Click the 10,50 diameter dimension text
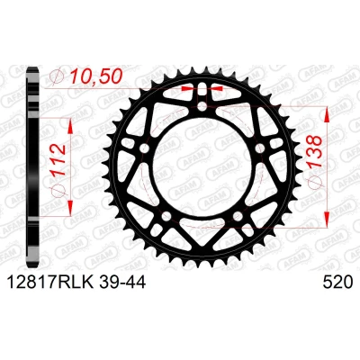coord(95,76)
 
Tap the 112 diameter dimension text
coord(58,162)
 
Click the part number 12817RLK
coord(49,282)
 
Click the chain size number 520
coord(337,282)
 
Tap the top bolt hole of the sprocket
coord(202,106)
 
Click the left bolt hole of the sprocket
coord(145,148)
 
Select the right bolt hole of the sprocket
coord(260,148)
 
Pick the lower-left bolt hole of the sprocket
coord(166,215)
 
